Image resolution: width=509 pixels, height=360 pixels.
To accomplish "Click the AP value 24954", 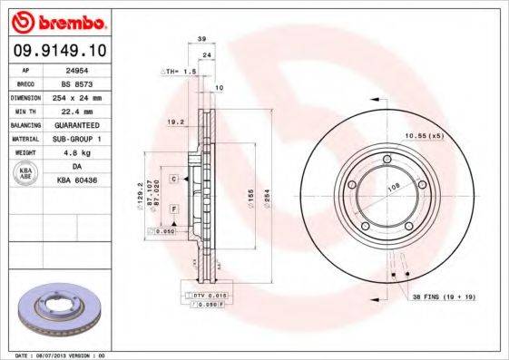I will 88,69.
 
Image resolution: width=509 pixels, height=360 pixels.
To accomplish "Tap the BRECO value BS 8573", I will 88,83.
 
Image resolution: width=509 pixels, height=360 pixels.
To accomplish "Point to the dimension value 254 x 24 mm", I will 88,96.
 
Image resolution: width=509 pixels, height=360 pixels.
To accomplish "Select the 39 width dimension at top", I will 201,39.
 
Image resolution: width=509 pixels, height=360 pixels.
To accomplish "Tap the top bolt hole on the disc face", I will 387,161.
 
